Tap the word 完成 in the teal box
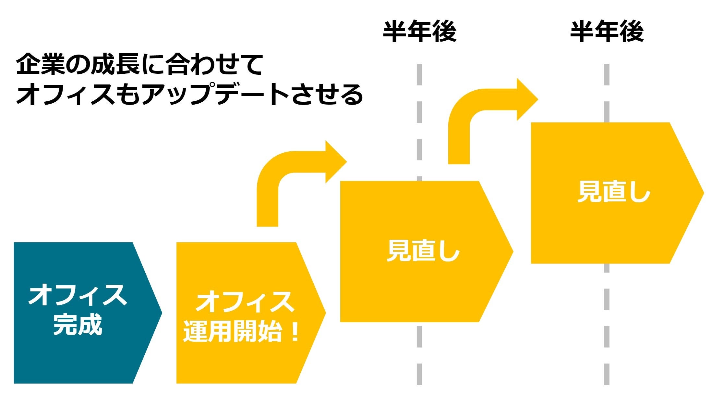click(x=78, y=325)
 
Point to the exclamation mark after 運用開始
click(x=295, y=332)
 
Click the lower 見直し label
click(x=423, y=251)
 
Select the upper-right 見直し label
click(x=614, y=192)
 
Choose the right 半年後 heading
click(x=607, y=32)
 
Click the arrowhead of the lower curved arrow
click(x=336, y=162)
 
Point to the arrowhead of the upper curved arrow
click(x=527, y=99)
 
